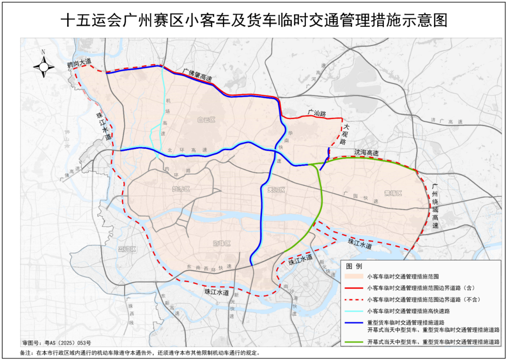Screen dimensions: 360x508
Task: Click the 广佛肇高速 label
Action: coord(197,74)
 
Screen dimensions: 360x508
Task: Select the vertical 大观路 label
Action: coord(345,134)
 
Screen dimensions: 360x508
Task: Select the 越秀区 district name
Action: coord(181,189)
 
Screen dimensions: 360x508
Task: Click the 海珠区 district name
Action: coord(221,244)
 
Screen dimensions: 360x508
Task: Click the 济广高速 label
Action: coord(446,121)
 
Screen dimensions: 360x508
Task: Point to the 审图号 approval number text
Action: coord(56,343)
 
